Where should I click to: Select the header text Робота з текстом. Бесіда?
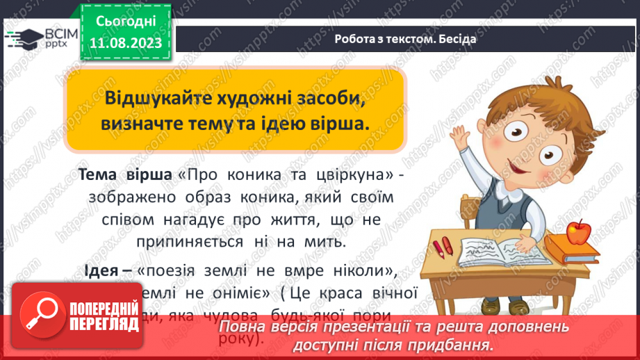pos(405,39)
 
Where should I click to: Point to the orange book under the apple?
pos(571,247)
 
